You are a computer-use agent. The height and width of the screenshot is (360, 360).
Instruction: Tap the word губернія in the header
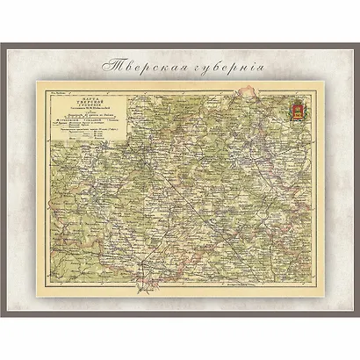(224, 67)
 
